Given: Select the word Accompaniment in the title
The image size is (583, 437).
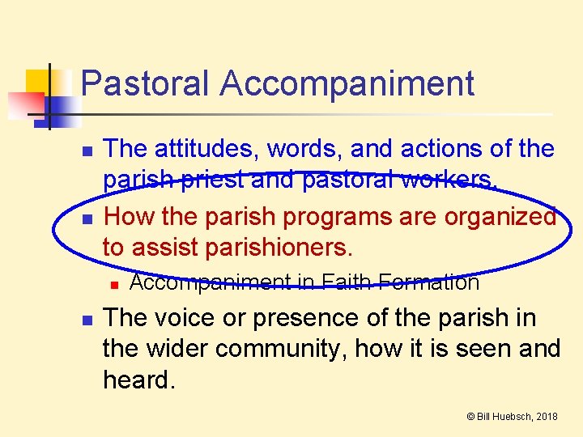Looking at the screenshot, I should pyautogui.click(x=347, y=84).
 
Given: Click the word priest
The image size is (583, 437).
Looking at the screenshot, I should pyautogui.click(x=213, y=180).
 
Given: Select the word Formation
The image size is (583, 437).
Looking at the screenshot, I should pyautogui.click(x=429, y=282).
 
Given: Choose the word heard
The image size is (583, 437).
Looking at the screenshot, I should pyautogui.click(x=138, y=380).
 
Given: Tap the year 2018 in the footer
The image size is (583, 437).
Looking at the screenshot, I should pyautogui.click(x=547, y=417).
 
